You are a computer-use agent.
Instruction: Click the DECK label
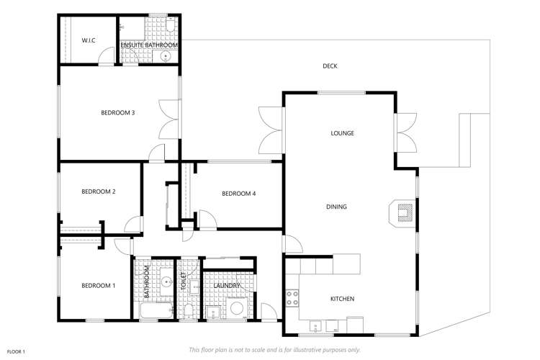330,66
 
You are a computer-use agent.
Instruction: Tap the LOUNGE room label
342,133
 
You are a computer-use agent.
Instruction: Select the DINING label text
336,207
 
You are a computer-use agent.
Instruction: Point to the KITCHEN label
342,299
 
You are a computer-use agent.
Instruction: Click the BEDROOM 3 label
118,112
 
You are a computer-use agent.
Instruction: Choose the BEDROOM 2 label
99,192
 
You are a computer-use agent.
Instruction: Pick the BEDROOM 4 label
239,193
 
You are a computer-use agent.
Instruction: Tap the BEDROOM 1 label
99,286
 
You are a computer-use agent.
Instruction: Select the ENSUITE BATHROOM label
149,45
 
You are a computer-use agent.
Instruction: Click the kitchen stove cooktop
293,297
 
